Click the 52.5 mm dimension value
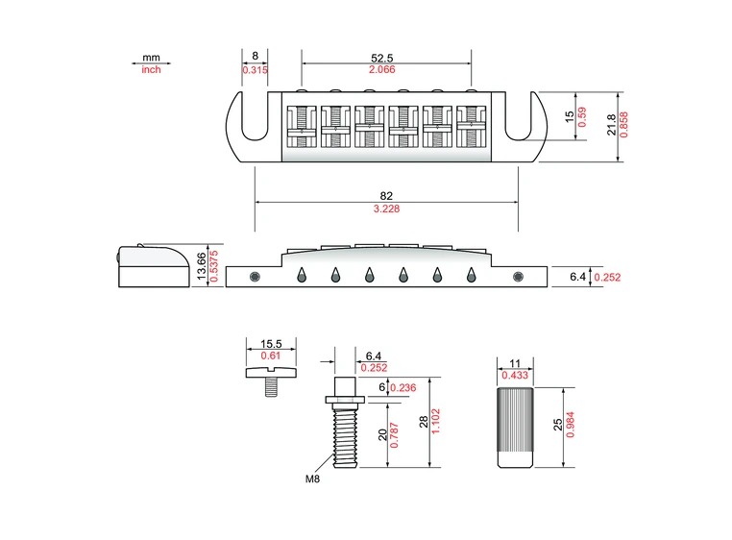click(x=386, y=58)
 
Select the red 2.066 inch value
click(x=386, y=70)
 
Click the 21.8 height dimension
click(x=612, y=125)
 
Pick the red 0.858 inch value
click(x=624, y=125)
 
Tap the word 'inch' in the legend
click(x=151, y=70)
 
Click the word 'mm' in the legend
click(x=151, y=58)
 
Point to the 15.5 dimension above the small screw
click(x=270, y=343)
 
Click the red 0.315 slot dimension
click(x=255, y=70)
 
